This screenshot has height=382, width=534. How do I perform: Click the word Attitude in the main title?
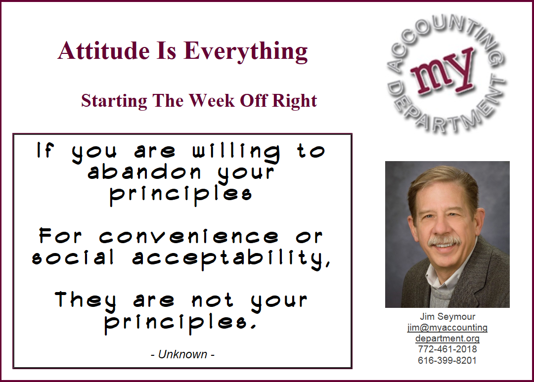[x=103, y=50]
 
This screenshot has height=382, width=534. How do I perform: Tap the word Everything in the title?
[x=246, y=52]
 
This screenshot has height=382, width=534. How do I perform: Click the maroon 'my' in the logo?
[x=443, y=72]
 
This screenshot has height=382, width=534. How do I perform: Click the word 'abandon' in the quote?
[x=144, y=172]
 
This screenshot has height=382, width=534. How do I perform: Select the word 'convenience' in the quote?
[x=189, y=237]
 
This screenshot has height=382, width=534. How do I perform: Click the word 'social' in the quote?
[x=73, y=258]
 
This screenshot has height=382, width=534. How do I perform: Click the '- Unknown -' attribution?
[x=182, y=354]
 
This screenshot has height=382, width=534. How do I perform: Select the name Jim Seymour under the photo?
[x=447, y=317]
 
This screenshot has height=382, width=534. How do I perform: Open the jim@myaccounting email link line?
[x=447, y=328]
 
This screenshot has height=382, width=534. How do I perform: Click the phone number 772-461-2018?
[x=447, y=349]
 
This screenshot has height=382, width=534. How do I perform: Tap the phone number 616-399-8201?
[x=447, y=360]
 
